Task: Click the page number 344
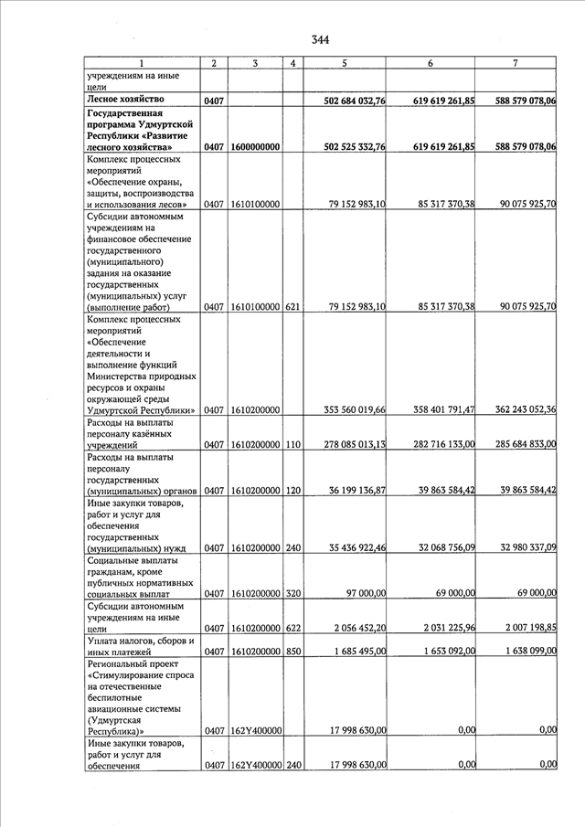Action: click(x=319, y=39)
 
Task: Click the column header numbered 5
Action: click(x=344, y=63)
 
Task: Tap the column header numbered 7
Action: click(x=516, y=63)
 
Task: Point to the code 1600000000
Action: click(x=256, y=147)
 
